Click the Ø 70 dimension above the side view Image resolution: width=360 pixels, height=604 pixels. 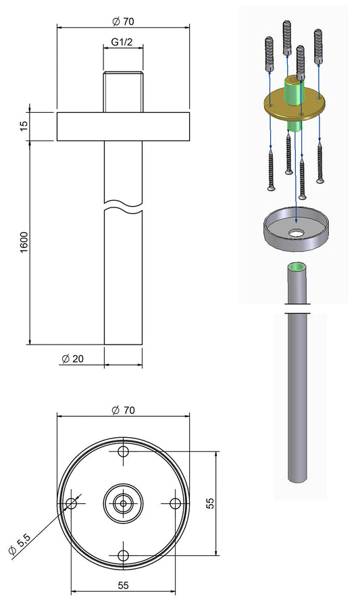[x=123, y=21]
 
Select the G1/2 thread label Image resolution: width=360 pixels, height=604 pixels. [x=122, y=42]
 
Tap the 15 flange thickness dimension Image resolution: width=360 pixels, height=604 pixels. [x=24, y=126]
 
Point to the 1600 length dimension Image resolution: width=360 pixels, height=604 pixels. [x=24, y=242]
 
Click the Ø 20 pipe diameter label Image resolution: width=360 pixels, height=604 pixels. [x=72, y=359]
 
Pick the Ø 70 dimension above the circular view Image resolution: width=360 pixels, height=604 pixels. [x=123, y=410]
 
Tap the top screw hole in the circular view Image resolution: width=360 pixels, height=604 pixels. [x=123, y=451]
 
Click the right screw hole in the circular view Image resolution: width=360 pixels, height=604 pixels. [x=174, y=503]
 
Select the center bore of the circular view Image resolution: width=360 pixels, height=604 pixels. [x=123, y=503]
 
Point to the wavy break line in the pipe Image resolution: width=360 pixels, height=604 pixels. [x=123, y=205]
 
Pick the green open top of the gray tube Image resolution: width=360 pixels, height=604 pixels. [x=297, y=267]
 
